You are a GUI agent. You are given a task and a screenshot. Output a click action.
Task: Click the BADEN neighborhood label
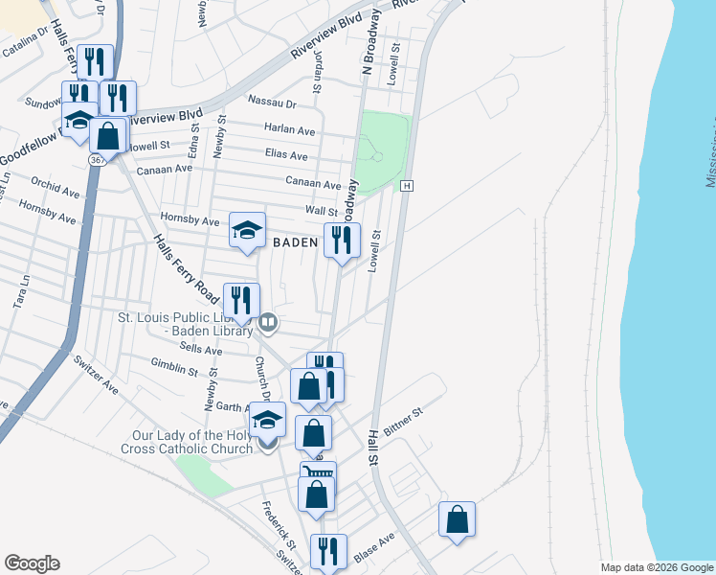point(295,242)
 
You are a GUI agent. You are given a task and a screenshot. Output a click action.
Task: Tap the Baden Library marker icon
point(268,322)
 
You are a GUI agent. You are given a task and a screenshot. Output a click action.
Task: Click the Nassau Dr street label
point(273,102)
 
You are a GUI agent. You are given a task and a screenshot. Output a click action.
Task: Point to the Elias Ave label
point(286,155)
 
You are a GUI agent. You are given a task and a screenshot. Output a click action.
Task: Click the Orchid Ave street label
point(55,185)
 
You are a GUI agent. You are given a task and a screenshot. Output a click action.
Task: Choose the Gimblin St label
point(174,367)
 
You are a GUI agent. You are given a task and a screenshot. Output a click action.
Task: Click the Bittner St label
point(403,420)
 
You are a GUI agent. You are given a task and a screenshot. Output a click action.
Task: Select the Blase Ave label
point(374,546)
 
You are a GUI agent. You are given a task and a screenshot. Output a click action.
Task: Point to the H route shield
point(407,185)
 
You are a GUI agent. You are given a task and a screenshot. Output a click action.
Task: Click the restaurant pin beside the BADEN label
point(342,240)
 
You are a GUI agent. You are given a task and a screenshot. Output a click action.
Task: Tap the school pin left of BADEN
point(246,230)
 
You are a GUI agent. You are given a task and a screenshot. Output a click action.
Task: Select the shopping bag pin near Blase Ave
point(457,519)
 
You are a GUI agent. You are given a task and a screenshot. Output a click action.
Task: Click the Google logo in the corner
point(32,563)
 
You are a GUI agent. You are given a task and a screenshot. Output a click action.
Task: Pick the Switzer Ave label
point(96,376)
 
